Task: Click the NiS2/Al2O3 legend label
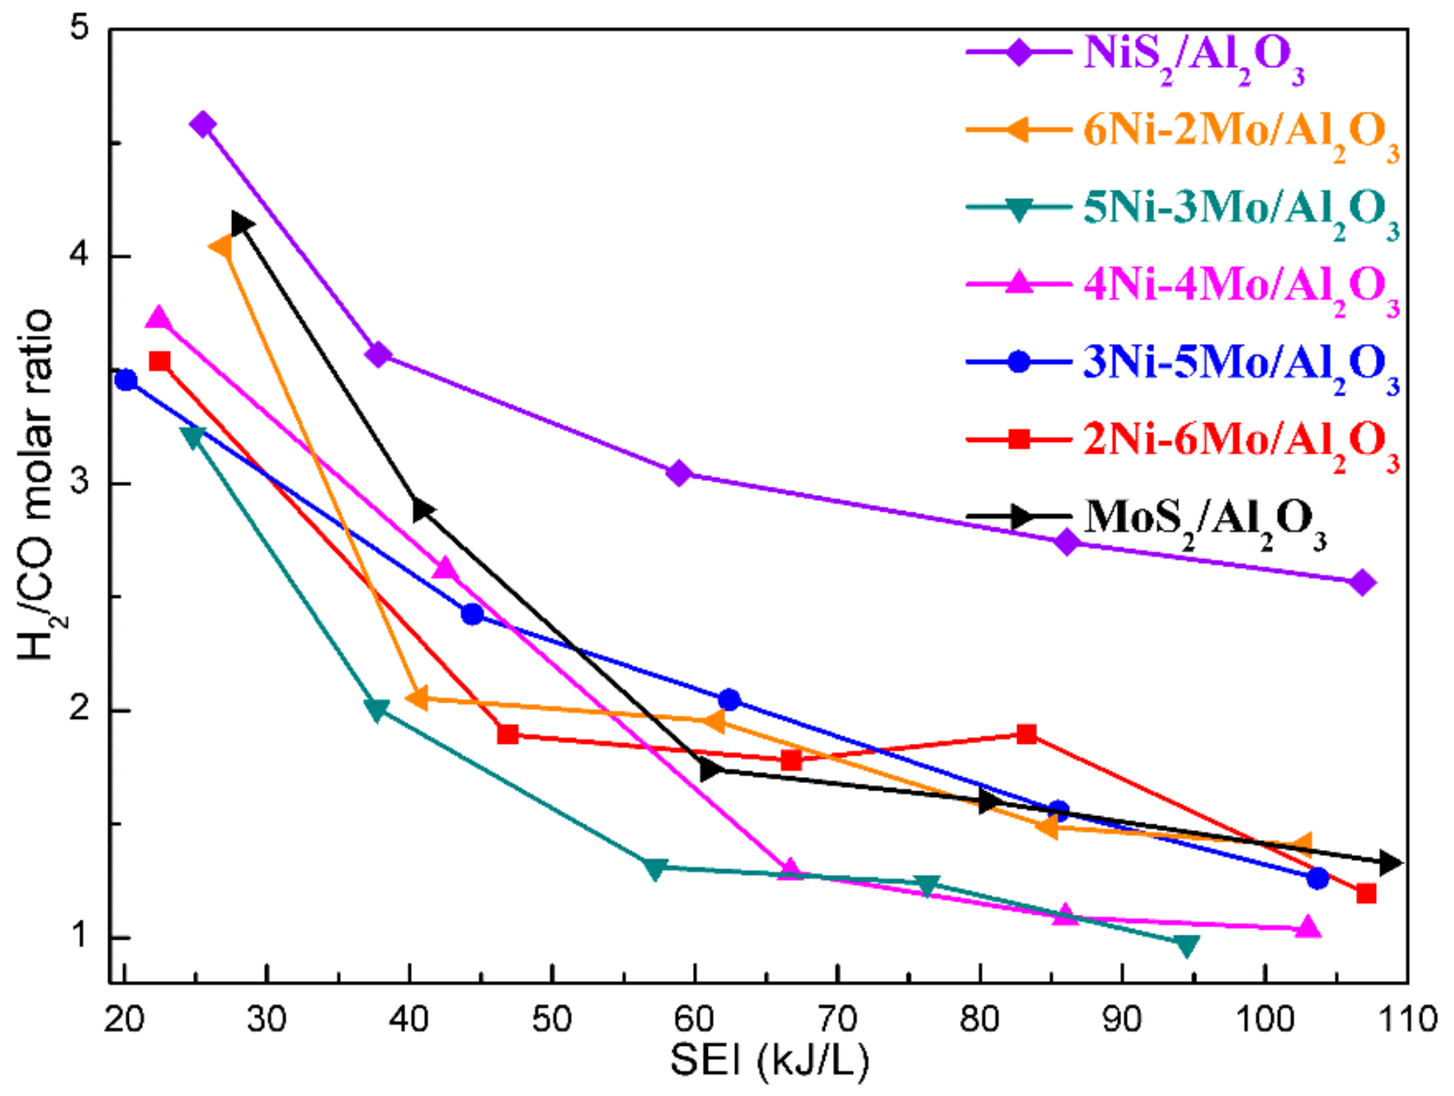[x=1193, y=56]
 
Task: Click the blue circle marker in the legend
[x=1019, y=362]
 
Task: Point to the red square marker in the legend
[x=1019, y=440]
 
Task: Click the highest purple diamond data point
[x=203, y=124]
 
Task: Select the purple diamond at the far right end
[x=1361, y=583]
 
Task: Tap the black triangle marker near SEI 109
[x=1389, y=863]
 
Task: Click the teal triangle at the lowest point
[x=1187, y=945]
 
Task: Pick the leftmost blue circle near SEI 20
[x=126, y=380]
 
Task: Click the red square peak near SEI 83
[x=1027, y=734]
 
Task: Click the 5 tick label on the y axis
[x=79, y=28]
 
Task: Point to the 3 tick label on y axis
[x=79, y=483]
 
